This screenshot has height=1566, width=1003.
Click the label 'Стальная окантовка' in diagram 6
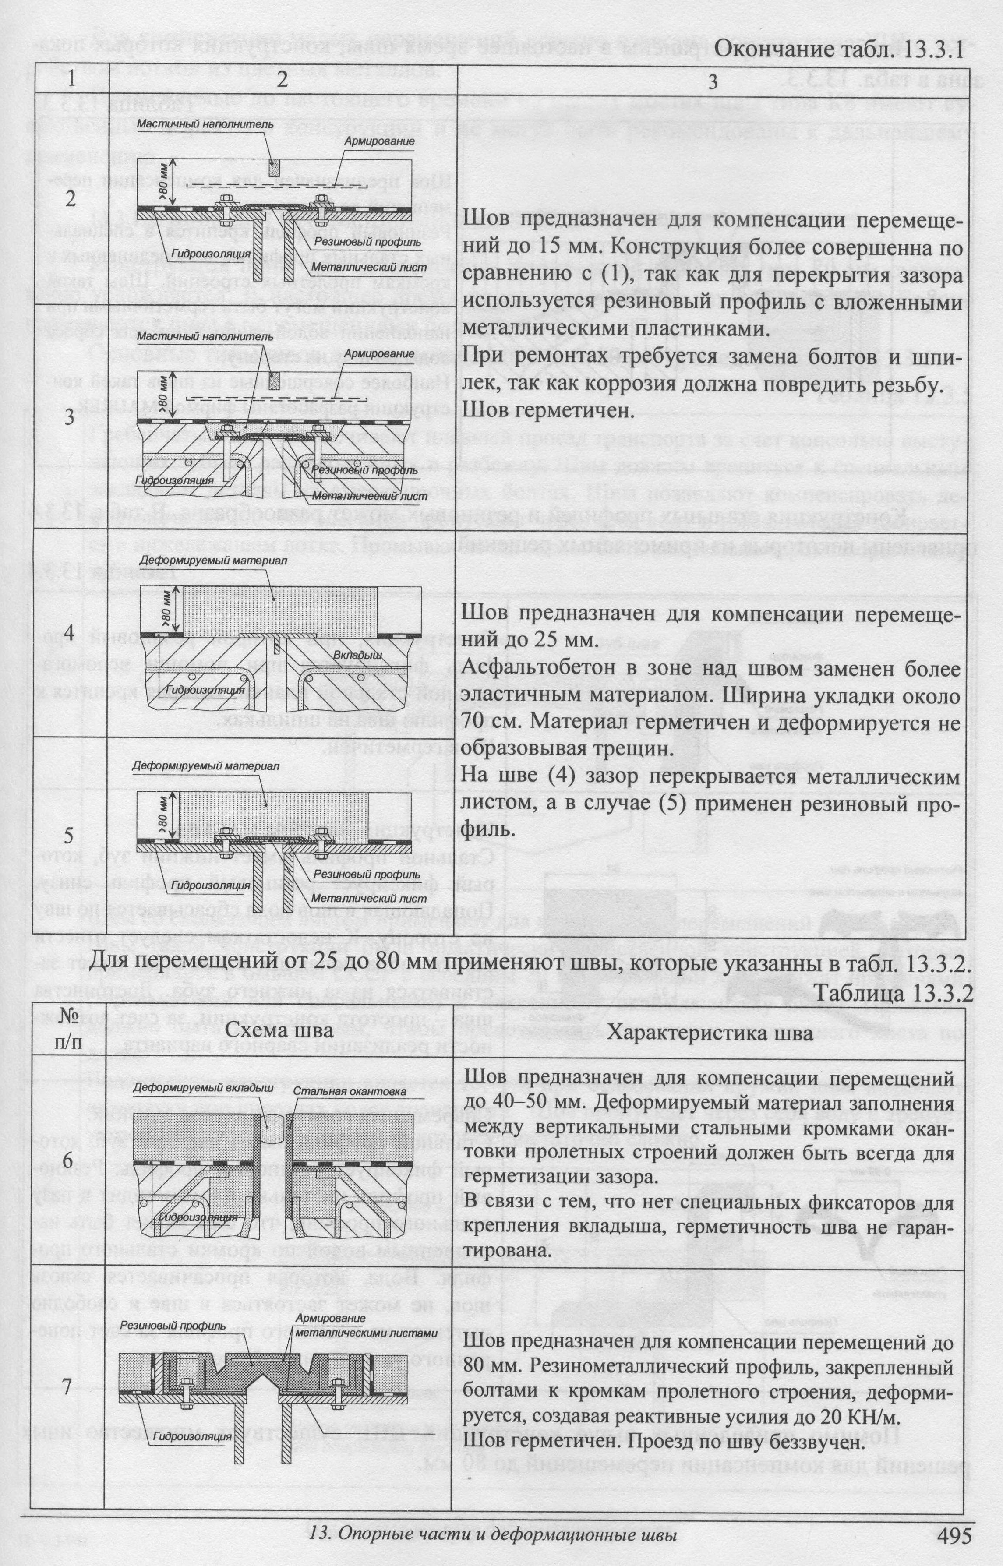[349, 1091]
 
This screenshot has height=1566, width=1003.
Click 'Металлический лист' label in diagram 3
[369, 496]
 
